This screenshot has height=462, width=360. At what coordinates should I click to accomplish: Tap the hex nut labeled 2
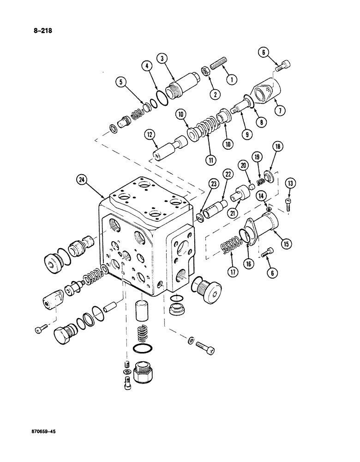(x=204, y=72)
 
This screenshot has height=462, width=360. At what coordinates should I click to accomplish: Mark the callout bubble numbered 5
(x=120, y=83)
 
